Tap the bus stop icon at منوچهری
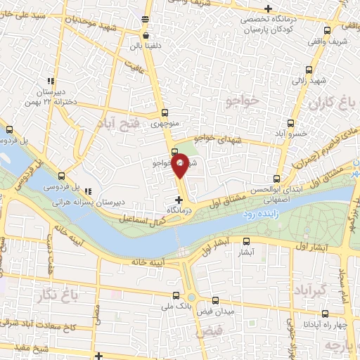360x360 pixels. [x=165, y=112]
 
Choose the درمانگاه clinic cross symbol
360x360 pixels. [x=177, y=200]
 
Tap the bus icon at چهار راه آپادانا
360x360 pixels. [x=325, y=314]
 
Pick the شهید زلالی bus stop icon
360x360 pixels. [x=309, y=70]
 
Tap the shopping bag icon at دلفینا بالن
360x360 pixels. [x=146, y=34]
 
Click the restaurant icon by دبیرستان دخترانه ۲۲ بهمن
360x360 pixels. [x=49, y=80]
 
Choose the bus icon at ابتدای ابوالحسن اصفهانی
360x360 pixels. [x=278, y=179]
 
